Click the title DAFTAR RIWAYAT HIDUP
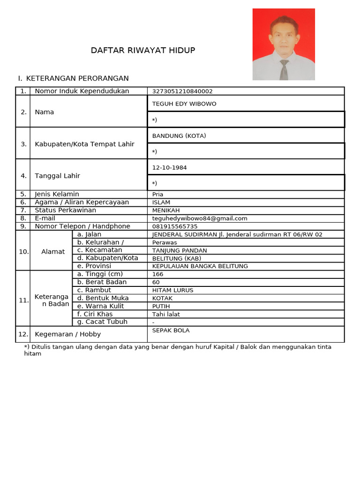tap(143, 51)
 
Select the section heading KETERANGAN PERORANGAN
tap(77, 78)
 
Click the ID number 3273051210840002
tap(182, 91)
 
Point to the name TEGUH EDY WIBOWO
tap(184, 104)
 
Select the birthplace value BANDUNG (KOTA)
tap(179, 136)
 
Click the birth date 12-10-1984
tap(166, 167)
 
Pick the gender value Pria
tap(158, 194)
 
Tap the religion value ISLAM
tap(161, 202)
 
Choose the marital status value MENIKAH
tap(166, 210)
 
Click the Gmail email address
tap(200, 218)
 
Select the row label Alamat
tap(53, 252)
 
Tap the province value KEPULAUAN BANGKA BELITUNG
tap(200, 266)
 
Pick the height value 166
tap(158, 274)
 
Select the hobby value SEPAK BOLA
tap(171, 330)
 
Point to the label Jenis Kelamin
tap(57, 194)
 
